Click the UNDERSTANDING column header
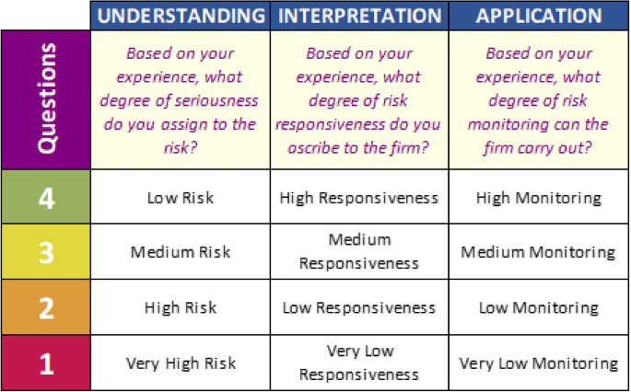point(181,16)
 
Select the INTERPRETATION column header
point(359,16)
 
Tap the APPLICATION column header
point(538,16)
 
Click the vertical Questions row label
point(46,99)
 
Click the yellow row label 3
point(46,251)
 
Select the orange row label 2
point(46,307)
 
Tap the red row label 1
point(46,363)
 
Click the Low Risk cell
point(181,197)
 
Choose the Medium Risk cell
point(181,252)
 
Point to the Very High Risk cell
point(181,363)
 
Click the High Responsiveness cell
point(359,197)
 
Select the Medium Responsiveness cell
point(359,251)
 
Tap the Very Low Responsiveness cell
point(359,363)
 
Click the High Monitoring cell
point(539,197)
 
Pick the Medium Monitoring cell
point(539,252)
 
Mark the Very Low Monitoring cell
point(539,363)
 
